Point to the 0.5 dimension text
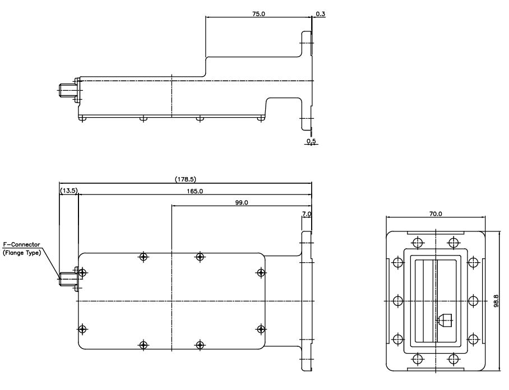(310, 140)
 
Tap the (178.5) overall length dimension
(185, 179)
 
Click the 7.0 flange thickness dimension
(306, 214)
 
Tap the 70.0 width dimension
(436, 214)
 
